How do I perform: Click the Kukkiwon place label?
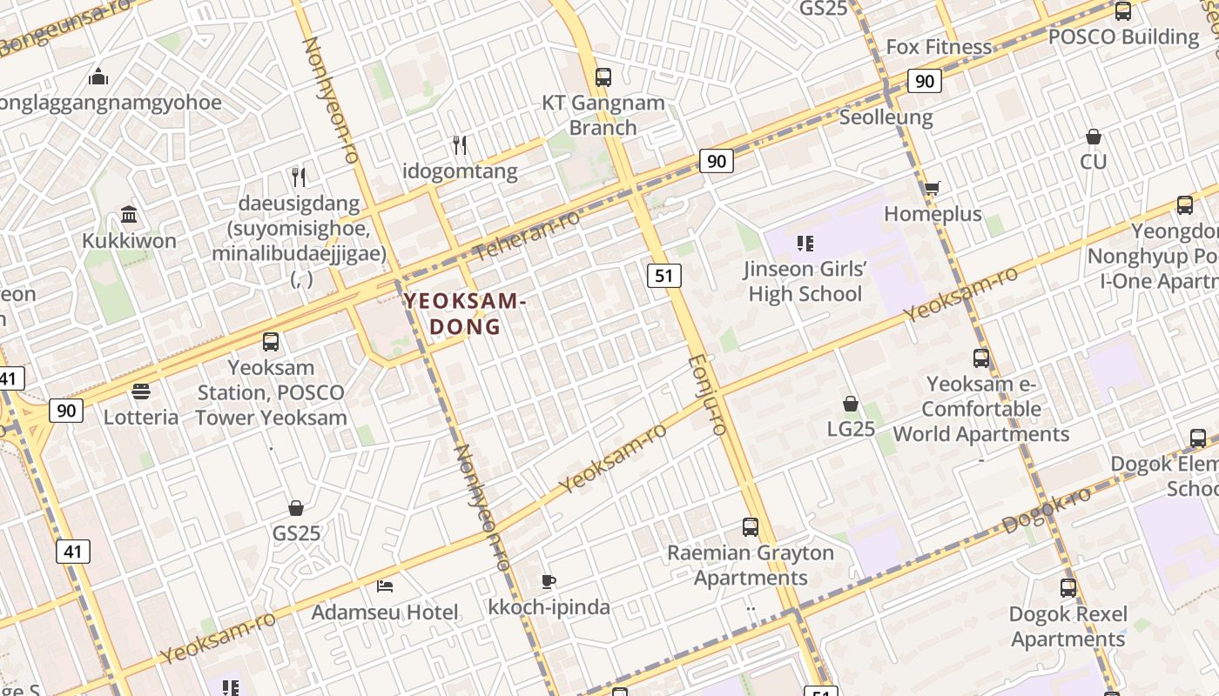pos(129,241)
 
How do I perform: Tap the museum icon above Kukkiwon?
pos(129,214)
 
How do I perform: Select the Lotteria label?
pos(141,417)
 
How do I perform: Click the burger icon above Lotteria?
pos(141,391)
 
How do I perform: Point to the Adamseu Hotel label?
pos(385,612)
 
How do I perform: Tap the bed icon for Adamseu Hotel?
pos(385,586)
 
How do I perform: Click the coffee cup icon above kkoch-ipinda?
pos(549,581)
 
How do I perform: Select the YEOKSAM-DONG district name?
pos(465,314)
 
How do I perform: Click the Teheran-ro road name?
pos(527,235)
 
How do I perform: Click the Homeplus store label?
pos(933,214)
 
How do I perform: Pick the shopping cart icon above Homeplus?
pos(932,188)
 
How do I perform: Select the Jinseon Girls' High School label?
pos(805,281)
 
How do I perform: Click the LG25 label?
pos(851,429)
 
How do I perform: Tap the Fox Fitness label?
pos(939,47)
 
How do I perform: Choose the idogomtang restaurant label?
pos(460,171)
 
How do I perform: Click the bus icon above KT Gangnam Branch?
pos(603,77)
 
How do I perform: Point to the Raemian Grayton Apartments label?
pos(751,565)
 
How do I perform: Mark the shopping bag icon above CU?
pos(1094,137)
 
